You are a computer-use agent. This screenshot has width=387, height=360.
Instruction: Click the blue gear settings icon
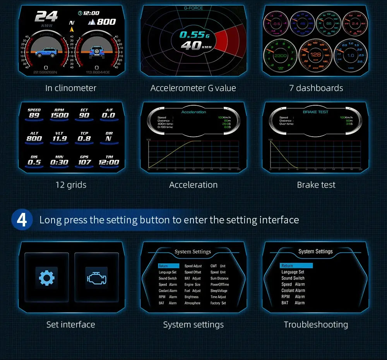46,277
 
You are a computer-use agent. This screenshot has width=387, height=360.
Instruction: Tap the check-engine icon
96,278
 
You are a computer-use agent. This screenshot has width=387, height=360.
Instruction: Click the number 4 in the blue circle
22,219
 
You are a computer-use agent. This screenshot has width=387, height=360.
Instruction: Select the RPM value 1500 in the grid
60,115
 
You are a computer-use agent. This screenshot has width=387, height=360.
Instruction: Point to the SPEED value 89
34,115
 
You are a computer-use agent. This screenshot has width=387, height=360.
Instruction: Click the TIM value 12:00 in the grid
109,162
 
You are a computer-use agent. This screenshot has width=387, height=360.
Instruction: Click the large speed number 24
46,17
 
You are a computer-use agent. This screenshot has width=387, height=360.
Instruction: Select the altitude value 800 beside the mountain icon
106,22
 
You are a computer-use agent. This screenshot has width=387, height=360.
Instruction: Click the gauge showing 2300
280,56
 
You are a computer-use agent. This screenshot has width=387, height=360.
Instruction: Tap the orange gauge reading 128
316,55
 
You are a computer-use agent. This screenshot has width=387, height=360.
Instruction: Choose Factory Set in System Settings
218,303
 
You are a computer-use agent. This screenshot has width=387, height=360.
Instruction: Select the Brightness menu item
192,297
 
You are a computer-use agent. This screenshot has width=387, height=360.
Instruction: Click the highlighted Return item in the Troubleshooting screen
296,266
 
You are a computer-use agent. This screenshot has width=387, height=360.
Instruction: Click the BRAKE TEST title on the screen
315,112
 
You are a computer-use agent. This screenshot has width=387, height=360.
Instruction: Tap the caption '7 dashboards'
316,88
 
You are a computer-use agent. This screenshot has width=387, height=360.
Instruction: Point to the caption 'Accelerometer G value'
193,88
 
